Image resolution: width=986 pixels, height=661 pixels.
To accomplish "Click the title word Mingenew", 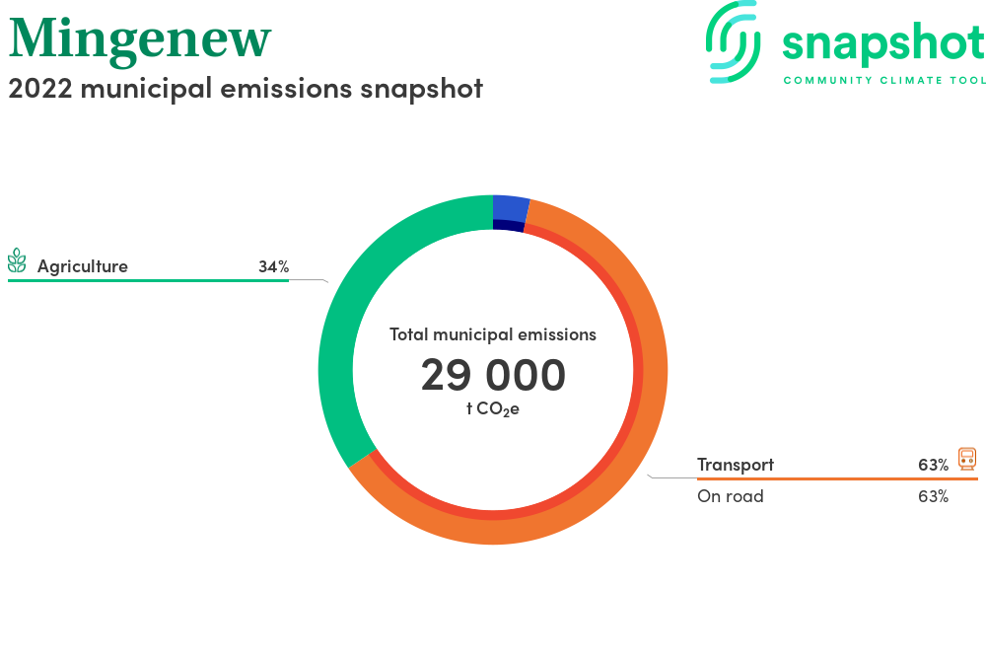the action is click(x=140, y=40).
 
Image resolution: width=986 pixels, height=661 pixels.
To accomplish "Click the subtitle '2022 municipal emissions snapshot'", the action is click(x=246, y=89).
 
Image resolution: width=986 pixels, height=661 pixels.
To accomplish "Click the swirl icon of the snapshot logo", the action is click(x=733, y=41).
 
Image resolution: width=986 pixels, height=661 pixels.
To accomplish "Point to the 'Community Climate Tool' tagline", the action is click(x=884, y=81).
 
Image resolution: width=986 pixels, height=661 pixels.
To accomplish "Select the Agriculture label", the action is click(x=83, y=266).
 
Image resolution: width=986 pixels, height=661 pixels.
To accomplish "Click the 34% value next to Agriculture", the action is click(x=273, y=266).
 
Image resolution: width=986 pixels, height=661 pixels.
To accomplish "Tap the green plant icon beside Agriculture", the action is click(x=17, y=261).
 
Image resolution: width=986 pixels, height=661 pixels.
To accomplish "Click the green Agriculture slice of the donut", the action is click(x=337, y=352).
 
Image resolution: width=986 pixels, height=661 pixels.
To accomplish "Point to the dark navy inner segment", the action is click(x=508, y=225).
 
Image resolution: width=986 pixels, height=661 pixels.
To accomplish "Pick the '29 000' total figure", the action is click(x=493, y=375).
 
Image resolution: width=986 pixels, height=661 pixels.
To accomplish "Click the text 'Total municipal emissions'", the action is click(x=493, y=334).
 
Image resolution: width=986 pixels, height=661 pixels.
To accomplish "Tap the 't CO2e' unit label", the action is click(x=493, y=408).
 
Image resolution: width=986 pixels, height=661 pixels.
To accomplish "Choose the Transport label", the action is click(x=736, y=465).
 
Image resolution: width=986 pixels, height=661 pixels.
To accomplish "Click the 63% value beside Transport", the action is click(x=933, y=465).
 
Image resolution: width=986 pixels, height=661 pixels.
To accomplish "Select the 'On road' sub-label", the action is click(x=730, y=496).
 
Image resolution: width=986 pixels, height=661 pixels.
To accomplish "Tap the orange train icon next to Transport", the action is click(x=967, y=459).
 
